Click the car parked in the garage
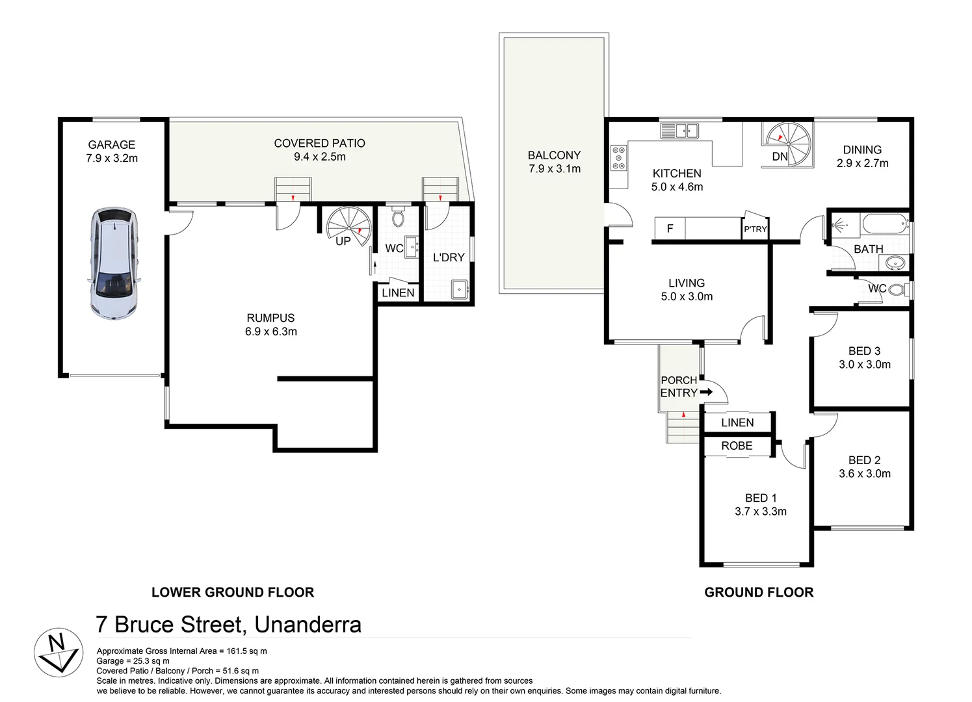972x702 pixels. pos(114,263)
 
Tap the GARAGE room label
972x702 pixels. pos(112,145)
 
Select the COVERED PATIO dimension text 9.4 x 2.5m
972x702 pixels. pos(319,157)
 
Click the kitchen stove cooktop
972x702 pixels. pos(618,158)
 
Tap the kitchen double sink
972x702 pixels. pos(679,131)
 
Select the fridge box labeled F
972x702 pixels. pos(670,229)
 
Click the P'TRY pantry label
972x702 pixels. pos(755,229)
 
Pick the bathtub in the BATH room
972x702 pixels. pos(885,224)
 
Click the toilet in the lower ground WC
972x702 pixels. pos(399,216)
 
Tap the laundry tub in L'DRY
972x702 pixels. pos(460,289)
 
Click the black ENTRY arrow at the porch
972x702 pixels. pos(706,392)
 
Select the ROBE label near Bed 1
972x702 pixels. pos(737,446)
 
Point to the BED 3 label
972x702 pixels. pos(864,351)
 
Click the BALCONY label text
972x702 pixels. pos(554,155)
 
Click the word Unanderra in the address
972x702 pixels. pos(308,625)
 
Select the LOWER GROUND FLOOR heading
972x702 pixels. pos(233,592)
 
